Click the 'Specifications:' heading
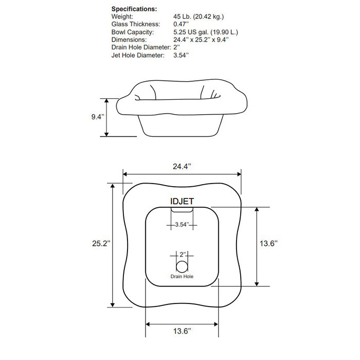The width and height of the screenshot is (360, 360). [134, 9]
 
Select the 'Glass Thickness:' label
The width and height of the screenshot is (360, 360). [136, 24]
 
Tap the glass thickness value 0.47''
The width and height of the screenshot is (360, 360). [182, 24]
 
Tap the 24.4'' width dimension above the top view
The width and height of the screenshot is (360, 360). [182, 166]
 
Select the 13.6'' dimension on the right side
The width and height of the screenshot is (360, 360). [268, 244]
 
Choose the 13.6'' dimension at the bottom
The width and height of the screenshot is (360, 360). [182, 332]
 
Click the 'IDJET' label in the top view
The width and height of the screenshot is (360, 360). [182, 202]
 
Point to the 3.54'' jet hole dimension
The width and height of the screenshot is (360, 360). [182, 225]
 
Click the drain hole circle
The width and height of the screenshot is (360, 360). [182, 266]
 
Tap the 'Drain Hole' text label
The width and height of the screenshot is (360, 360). [182, 277]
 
